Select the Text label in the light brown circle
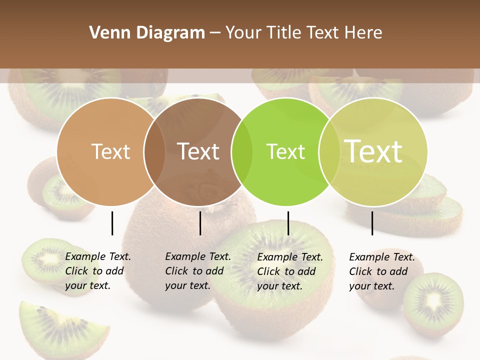tap(110, 151)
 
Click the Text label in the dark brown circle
tap(198, 151)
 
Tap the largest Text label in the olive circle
tap(373, 151)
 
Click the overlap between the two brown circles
tap(154, 152)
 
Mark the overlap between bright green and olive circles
tap(327, 152)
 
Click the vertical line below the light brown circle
tap(112, 223)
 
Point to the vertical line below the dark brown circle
tap(200, 223)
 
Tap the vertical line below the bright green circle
tap(288, 223)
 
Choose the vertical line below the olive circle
tap(372, 223)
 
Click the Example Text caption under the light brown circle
tap(97, 271)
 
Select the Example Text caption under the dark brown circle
tap(197, 271)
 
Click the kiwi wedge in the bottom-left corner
tap(55, 327)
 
